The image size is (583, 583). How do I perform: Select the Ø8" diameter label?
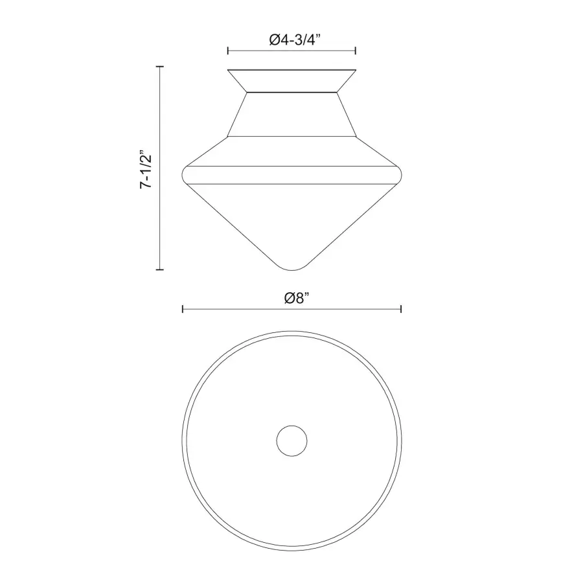coord(297,298)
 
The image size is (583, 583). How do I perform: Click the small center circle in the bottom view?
coord(292,441)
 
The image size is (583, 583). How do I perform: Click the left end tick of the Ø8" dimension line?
coord(183,309)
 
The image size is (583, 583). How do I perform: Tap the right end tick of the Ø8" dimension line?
coord(401,309)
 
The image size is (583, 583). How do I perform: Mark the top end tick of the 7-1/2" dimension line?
coord(160,67)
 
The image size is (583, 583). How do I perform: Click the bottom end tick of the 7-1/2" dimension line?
coord(160,269)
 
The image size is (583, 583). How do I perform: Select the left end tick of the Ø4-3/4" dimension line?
coord(228,51)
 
